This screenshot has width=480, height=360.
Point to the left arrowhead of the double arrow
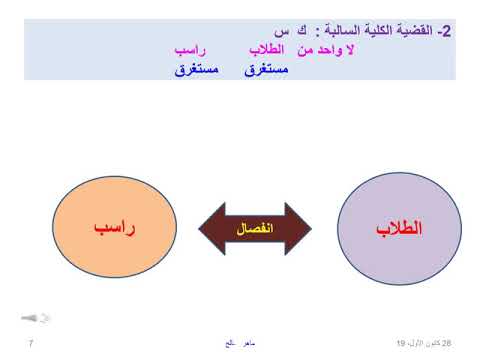(204, 229)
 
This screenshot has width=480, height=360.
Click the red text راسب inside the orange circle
(115, 228)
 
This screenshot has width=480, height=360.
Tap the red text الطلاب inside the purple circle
(400, 228)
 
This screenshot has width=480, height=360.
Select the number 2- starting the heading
(446, 31)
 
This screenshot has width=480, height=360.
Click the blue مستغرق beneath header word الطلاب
(265, 69)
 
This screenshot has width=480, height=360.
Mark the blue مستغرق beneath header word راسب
(198, 69)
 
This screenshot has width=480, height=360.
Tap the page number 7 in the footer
(31, 342)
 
